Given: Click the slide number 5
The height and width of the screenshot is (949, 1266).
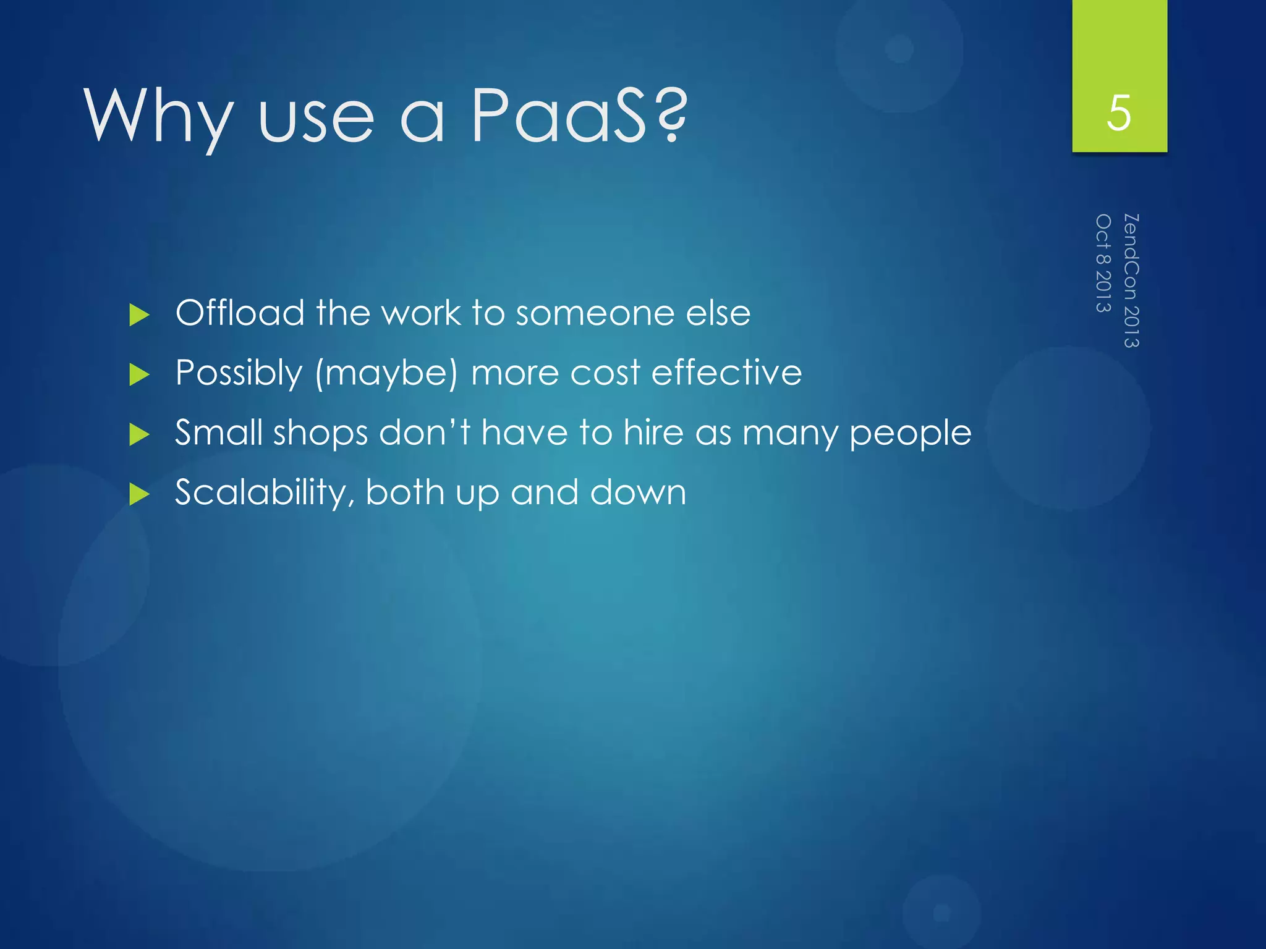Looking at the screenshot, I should point(1119,114).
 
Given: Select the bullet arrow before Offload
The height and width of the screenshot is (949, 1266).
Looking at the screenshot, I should point(140,315).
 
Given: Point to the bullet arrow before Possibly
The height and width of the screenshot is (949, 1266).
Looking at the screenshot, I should point(140,374).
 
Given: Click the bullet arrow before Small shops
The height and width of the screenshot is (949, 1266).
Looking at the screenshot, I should point(140,434).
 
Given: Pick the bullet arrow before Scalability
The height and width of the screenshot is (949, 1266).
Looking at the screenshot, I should point(140,494).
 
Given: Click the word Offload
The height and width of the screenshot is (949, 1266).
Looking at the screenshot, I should point(239,313).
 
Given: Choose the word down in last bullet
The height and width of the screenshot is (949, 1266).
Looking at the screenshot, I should point(638,492).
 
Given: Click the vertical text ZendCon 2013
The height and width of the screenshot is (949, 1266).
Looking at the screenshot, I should point(1131,280).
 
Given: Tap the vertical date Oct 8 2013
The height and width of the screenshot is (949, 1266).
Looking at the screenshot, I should point(1103,263).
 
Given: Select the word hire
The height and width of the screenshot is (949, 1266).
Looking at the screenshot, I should point(653,432).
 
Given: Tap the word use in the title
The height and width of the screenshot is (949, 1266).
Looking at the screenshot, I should point(316,117).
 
